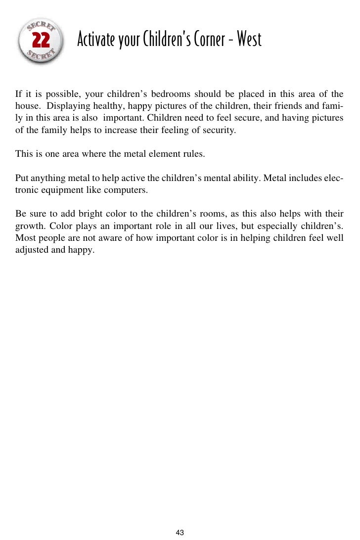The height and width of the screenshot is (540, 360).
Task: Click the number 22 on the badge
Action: tap(41, 41)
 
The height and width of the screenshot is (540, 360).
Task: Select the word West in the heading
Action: tap(249, 39)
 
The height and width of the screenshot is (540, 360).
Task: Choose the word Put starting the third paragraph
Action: tap(21, 178)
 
